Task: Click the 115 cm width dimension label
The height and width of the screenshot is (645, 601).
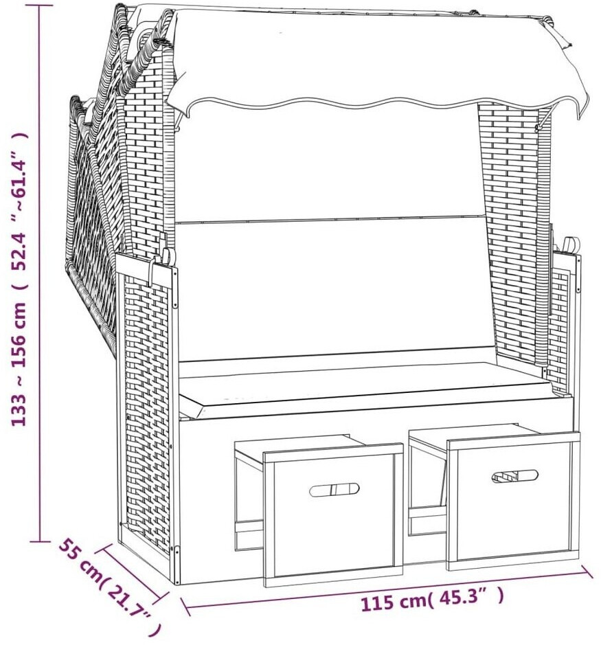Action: [432, 600]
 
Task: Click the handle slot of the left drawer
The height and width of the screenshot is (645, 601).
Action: [334, 490]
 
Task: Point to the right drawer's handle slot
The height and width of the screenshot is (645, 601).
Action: [514, 476]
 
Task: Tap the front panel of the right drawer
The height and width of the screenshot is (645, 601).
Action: [513, 501]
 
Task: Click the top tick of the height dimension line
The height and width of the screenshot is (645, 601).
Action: [40, 5]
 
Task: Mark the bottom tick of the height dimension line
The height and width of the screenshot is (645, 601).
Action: [40, 541]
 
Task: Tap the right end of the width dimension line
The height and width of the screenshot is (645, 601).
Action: [587, 572]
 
